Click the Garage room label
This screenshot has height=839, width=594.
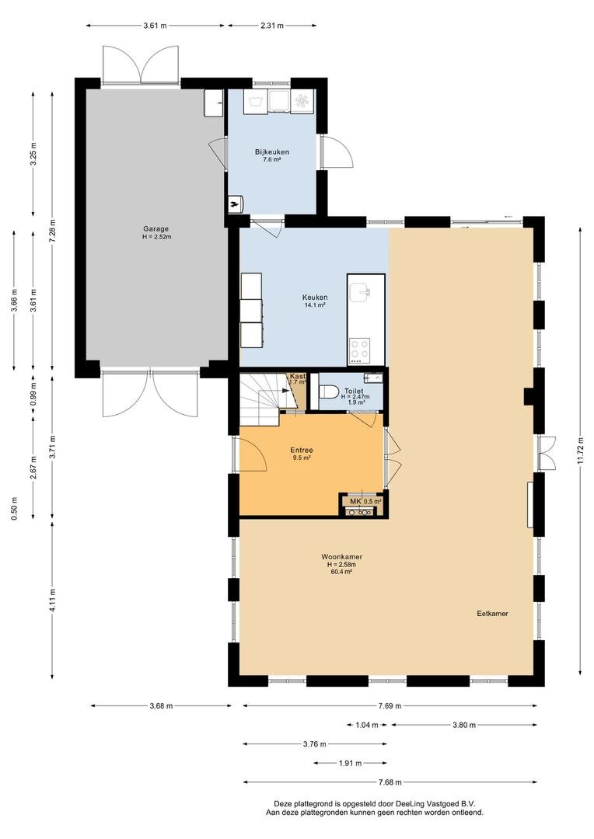(x=156, y=228)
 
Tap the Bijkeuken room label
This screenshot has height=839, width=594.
(x=271, y=151)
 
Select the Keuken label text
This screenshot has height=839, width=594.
(x=315, y=297)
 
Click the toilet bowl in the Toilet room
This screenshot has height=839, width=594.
(x=329, y=394)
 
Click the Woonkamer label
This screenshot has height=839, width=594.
(x=342, y=556)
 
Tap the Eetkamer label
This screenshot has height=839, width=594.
(x=493, y=613)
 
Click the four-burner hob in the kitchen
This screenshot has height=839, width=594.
(x=361, y=350)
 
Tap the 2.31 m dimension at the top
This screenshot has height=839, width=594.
(x=272, y=26)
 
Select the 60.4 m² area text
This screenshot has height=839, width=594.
(x=342, y=572)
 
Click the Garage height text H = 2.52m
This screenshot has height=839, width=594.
(x=156, y=236)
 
